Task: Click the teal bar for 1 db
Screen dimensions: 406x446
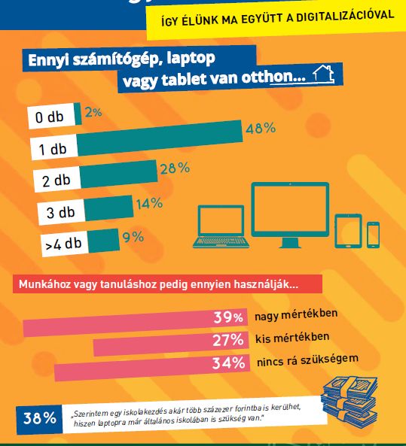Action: coord(160,138)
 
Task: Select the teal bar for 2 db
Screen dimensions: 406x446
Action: coord(118,174)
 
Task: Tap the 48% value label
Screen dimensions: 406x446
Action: coord(261,128)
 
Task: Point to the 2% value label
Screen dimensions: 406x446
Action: coord(93,112)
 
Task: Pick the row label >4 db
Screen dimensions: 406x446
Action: coord(64,244)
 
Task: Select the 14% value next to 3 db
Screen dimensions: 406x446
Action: coord(149,203)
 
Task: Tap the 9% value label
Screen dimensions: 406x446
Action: coord(133,237)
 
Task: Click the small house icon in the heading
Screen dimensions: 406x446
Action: coord(324,74)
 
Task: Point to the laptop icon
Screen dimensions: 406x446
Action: coord(221,226)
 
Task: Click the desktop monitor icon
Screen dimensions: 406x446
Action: coord(290,215)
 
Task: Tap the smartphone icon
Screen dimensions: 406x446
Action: coord(373,235)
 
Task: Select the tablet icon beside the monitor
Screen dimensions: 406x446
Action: coord(348,231)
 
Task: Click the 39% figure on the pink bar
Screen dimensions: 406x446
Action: coord(228,317)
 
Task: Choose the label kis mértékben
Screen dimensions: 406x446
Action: coord(292,338)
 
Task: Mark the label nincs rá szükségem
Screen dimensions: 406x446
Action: coord(308,360)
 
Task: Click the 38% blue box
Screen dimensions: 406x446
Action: coord(39,419)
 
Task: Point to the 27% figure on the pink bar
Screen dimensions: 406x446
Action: coord(228,340)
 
